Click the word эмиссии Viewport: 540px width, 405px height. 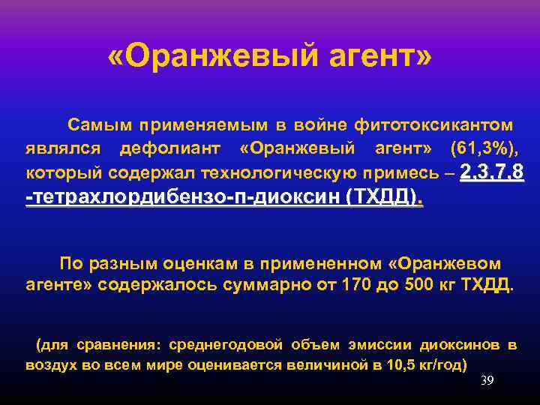(x=373, y=345)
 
